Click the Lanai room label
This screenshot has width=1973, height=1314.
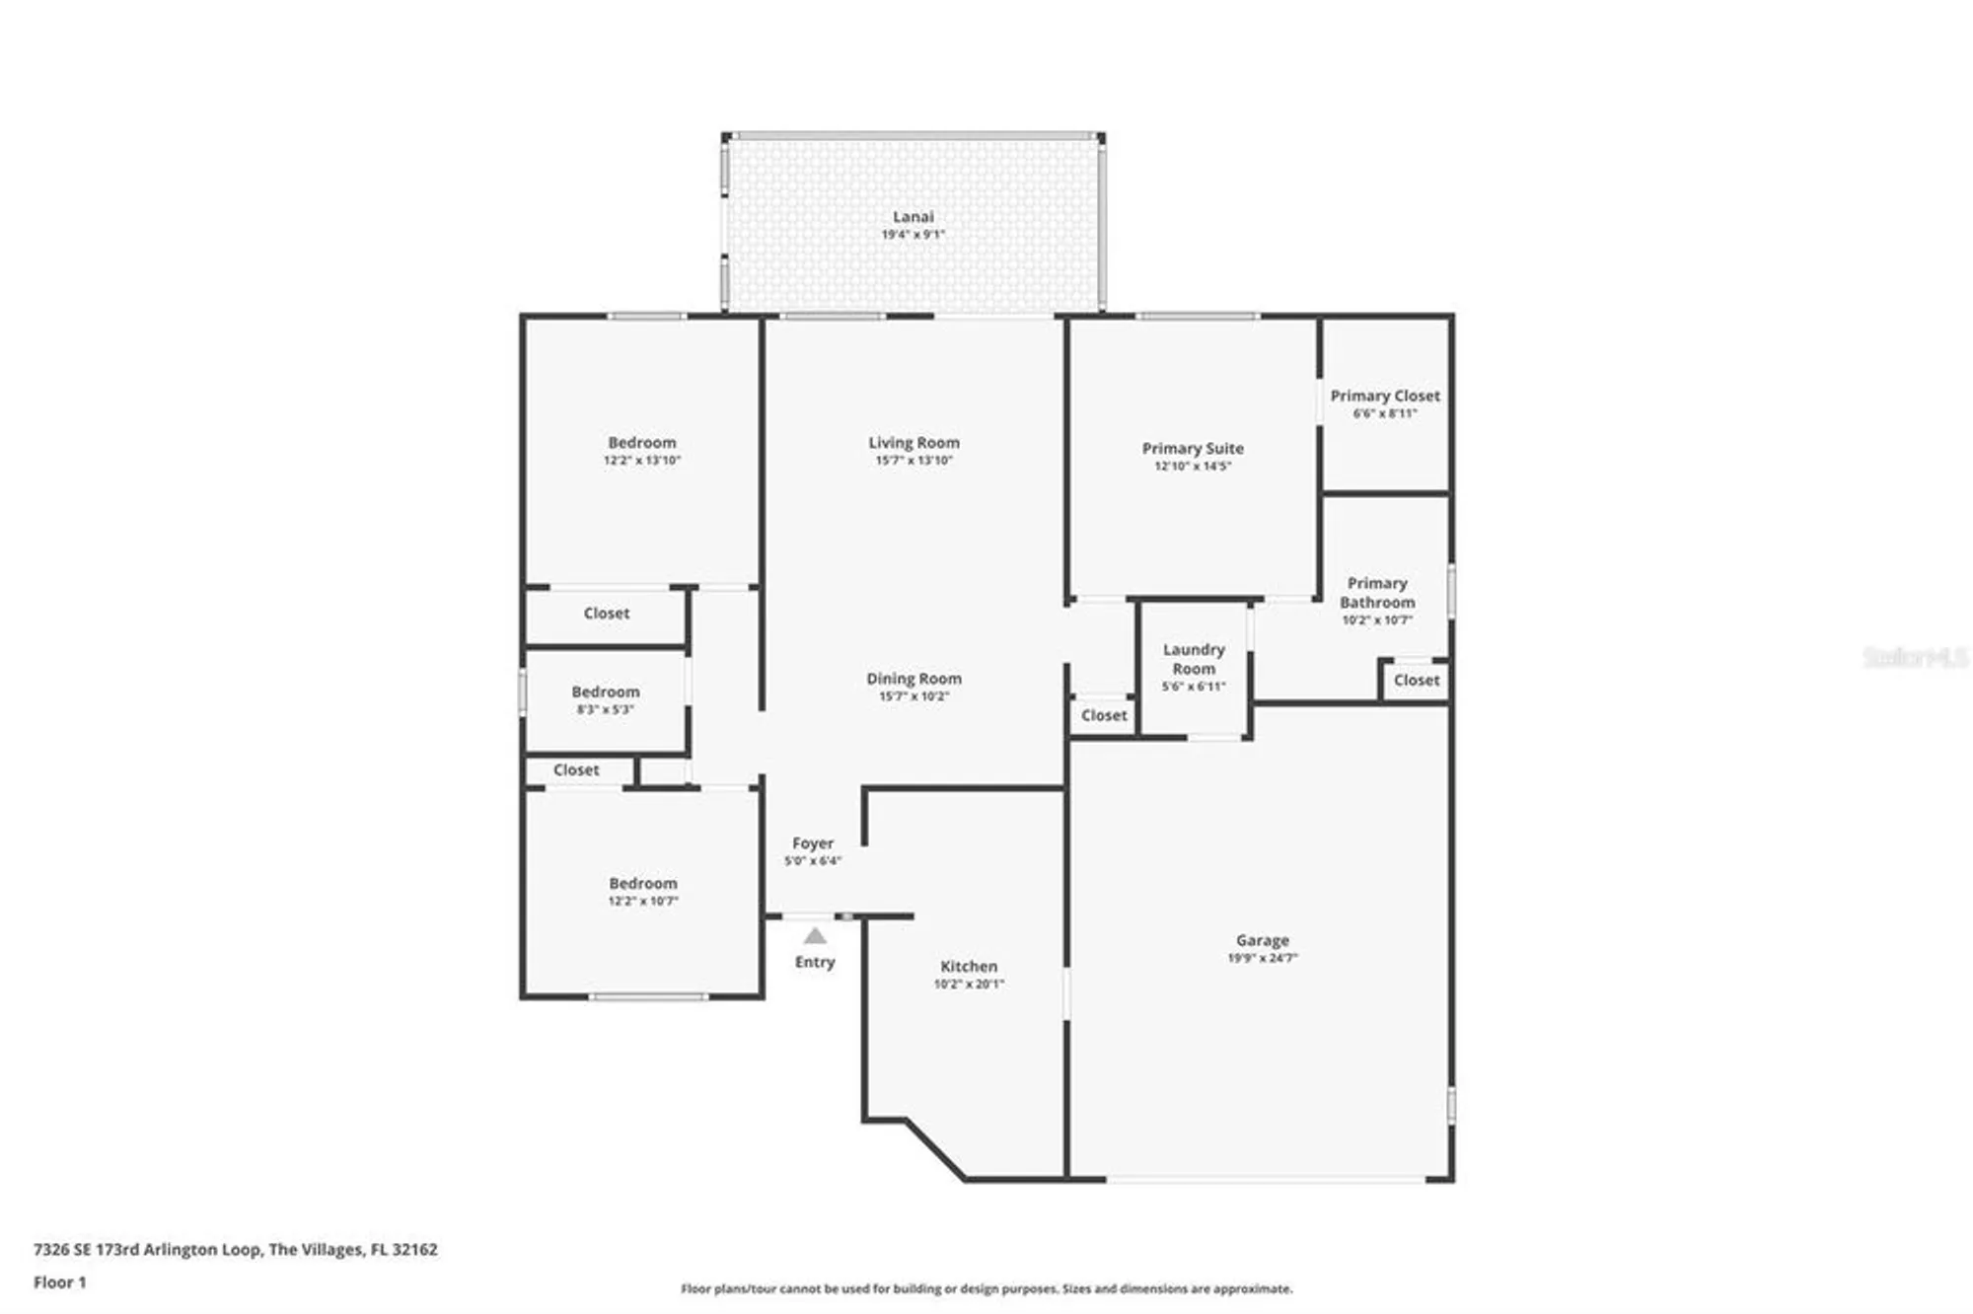click(913, 217)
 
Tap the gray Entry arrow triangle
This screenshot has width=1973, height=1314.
click(815, 935)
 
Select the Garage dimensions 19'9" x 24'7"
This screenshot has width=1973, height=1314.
click(1262, 958)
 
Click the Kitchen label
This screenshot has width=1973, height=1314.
click(968, 967)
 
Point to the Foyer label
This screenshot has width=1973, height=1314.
click(813, 843)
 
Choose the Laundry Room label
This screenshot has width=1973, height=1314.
click(1194, 658)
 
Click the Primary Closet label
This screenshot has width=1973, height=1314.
click(1385, 396)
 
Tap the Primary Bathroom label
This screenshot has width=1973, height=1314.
click(1377, 592)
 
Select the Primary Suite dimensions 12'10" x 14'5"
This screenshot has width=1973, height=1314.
click(1193, 466)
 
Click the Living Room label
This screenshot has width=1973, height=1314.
click(913, 443)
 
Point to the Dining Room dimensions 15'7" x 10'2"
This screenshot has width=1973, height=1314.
click(913, 696)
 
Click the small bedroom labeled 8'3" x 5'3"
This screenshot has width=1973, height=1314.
click(606, 699)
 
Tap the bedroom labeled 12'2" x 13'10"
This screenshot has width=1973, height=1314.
click(642, 450)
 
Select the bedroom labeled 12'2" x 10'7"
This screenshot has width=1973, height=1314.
click(643, 891)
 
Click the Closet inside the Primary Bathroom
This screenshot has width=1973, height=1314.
click(1417, 680)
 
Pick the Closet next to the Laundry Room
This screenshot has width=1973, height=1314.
click(1103, 715)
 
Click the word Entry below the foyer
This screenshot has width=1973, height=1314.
click(815, 962)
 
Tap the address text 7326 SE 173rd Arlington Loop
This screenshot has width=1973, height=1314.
click(235, 1249)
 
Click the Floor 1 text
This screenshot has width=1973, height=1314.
click(60, 1282)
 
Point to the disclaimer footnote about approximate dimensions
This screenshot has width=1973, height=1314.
click(986, 1288)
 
